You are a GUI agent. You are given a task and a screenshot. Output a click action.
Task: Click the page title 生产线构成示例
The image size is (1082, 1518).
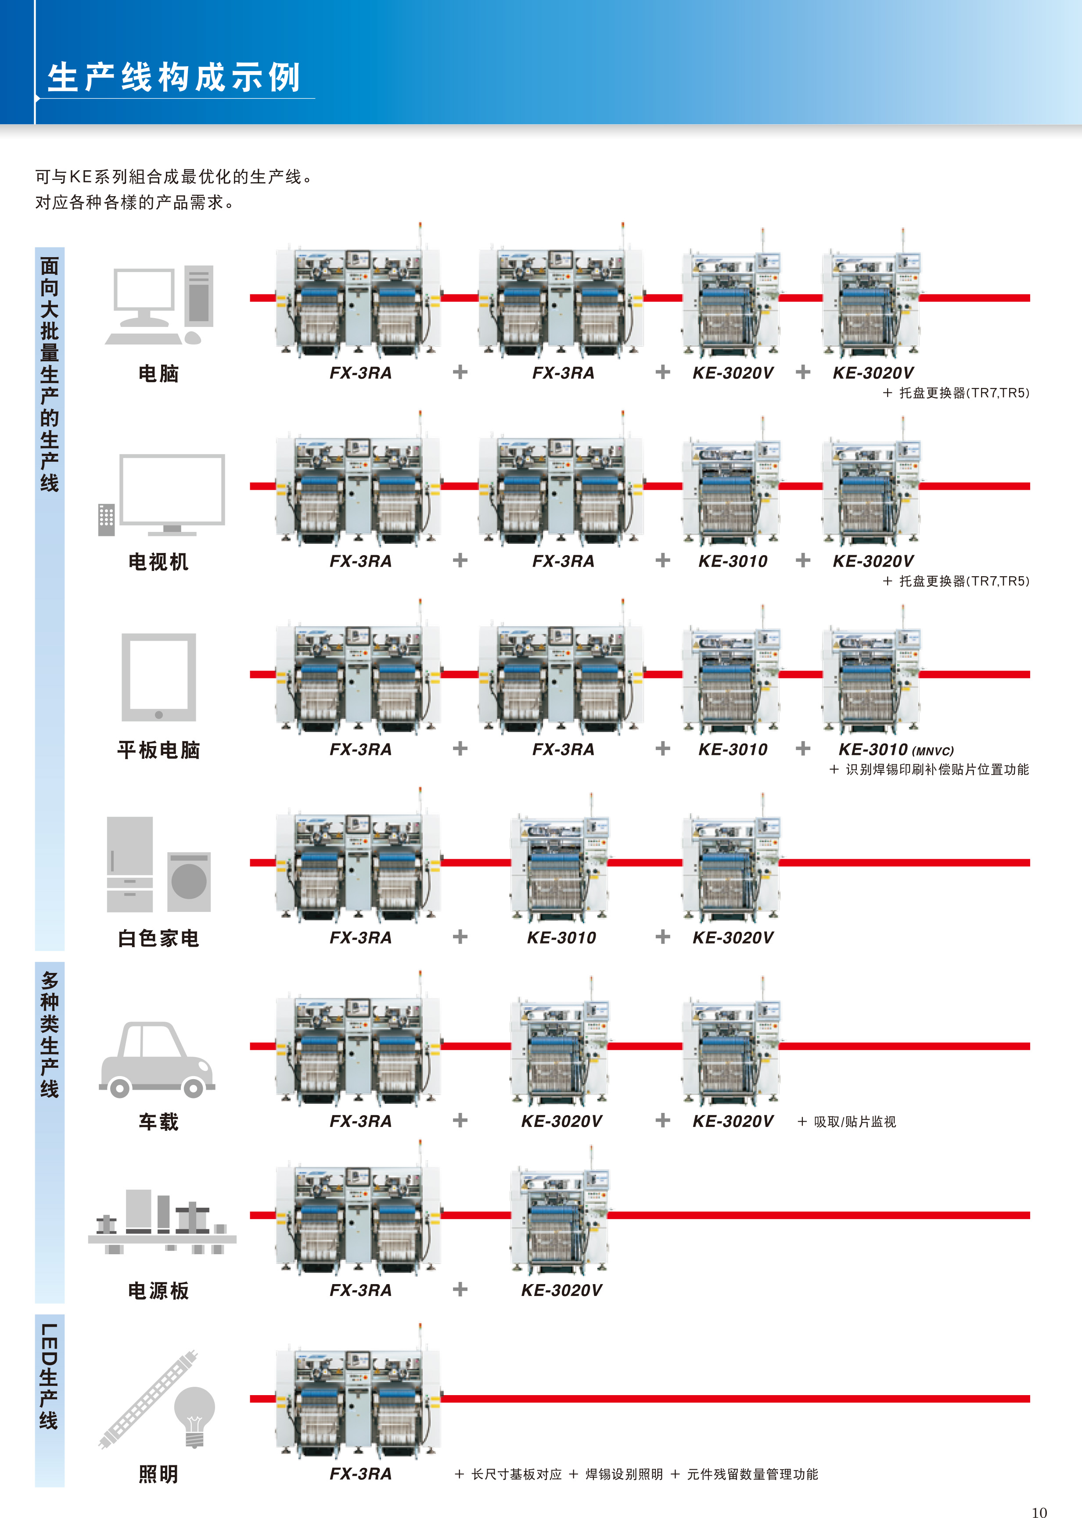(x=174, y=77)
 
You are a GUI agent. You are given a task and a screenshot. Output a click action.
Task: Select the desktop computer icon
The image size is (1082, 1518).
(x=159, y=305)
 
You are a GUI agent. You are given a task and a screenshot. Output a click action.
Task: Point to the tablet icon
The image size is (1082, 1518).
(x=158, y=677)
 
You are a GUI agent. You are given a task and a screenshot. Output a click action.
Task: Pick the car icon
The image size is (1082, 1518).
(x=157, y=1060)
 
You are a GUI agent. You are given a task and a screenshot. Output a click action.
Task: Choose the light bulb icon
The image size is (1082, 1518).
(x=194, y=1416)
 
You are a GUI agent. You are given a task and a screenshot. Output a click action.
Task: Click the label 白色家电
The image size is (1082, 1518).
(x=158, y=939)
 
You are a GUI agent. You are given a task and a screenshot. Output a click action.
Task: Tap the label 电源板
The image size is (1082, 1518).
(x=158, y=1291)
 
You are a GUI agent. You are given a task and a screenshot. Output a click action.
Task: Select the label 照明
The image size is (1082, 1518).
(x=158, y=1474)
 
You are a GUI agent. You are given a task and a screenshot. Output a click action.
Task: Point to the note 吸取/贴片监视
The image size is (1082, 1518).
(x=855, y=1122)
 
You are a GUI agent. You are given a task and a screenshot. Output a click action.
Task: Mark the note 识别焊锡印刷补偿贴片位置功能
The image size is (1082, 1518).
(x=938, y=769)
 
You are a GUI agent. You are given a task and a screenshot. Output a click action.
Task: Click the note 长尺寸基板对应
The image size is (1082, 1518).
(x=516, y=1474)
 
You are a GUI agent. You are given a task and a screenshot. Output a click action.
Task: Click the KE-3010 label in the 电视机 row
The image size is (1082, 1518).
(x=733, y=561)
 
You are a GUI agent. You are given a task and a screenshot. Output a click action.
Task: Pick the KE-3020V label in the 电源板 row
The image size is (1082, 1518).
(x=562, y=1290)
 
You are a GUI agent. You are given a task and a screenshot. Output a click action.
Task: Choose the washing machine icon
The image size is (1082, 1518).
(x=189, y=881)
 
